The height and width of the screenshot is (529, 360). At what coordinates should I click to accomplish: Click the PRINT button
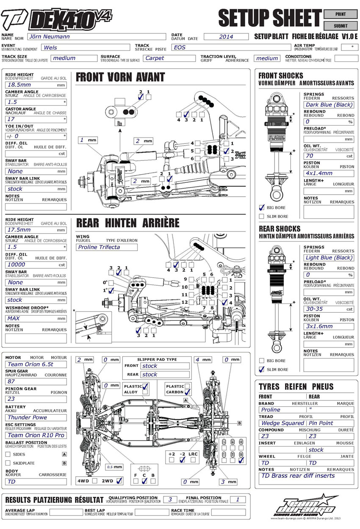340,14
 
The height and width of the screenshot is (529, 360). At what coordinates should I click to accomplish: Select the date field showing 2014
226,37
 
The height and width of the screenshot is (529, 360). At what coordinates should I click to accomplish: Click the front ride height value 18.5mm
36,85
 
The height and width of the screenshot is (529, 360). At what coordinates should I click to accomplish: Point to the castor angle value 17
36,119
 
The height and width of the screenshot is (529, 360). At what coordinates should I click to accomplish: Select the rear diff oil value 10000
36,264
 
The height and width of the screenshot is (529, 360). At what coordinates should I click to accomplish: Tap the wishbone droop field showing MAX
36,318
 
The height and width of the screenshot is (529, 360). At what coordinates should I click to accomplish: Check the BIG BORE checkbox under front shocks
262,208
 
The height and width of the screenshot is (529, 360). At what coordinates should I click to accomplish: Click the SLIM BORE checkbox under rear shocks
262,369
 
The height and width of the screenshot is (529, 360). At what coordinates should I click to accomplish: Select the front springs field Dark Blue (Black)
328,105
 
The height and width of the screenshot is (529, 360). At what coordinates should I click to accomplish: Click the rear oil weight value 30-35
328,309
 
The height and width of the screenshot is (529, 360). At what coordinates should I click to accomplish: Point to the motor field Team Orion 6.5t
36,364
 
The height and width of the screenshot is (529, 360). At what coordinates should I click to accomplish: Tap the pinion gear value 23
36,399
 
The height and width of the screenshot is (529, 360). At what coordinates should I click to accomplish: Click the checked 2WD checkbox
119,481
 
